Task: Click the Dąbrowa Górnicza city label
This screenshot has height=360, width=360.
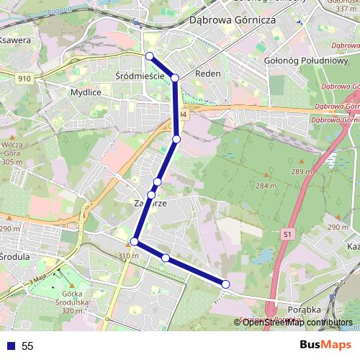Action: [232, 21]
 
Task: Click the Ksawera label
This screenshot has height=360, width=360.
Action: [16, 41]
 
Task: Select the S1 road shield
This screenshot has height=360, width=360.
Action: [288, 234]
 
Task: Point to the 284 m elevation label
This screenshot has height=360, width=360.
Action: [266, 186]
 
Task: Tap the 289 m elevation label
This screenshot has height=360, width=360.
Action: [300, 172]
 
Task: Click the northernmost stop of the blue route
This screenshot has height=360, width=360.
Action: [149, 56]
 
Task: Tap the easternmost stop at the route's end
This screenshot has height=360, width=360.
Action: [226, 285]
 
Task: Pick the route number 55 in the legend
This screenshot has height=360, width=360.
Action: [27, 346]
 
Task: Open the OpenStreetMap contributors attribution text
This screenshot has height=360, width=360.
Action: [297, 322]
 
